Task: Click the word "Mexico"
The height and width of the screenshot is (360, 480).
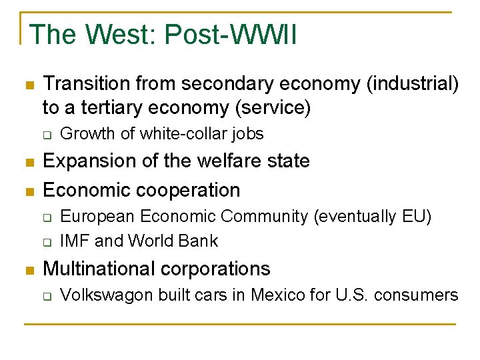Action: [276, 295]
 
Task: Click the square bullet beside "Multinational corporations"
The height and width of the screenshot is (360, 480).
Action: [28, 269]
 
